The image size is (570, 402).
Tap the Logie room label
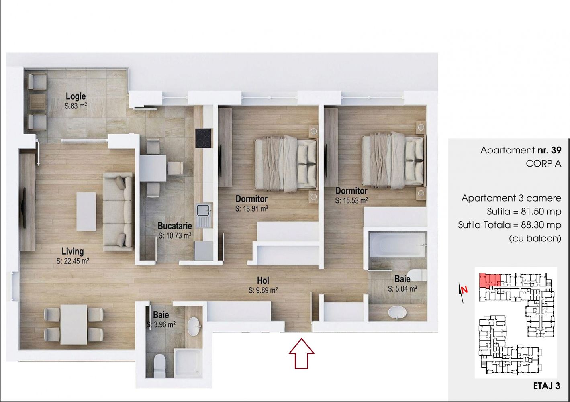click(x=76, y=96)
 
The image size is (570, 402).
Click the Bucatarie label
click(x=175, y=226)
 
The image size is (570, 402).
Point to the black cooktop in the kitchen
click(x=203, y=138)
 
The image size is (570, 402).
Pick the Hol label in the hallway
click(x=263, y=280)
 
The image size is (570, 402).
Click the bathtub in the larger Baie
click(x=397, y=245)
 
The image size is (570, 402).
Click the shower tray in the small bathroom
click(x=188, y=363)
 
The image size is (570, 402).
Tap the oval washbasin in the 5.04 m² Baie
click(x=397, y=312)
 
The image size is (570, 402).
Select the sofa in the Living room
click(x=118, y=212)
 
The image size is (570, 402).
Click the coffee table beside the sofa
click(x=86, y=212)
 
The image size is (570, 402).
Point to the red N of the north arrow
click(x=464, y=290)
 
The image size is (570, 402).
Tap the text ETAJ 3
click(x=547, y=386)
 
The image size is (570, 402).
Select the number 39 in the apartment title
click(x=556, y=150)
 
